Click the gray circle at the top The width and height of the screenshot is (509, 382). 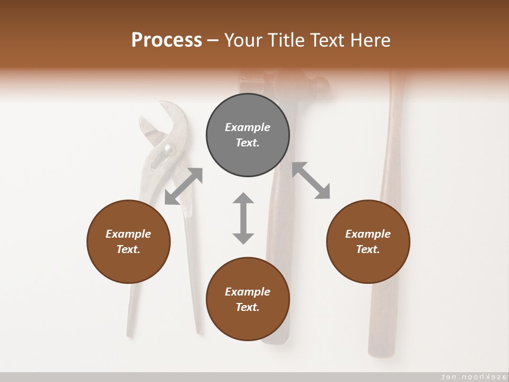click(x=248, y=135)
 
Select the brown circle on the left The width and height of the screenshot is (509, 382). click(x=128, y=241)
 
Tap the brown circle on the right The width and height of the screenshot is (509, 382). click(x=368, y=241)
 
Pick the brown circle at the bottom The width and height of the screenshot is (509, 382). click(x=248, y=299)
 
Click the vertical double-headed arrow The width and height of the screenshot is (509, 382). click(x=243, y=218)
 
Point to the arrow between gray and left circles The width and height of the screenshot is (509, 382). click(x=183, y=186)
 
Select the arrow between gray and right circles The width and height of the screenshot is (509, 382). click(x=311, y=180)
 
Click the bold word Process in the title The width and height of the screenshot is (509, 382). click(x=166, y=40)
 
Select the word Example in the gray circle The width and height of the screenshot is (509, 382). click(x=248, y=127)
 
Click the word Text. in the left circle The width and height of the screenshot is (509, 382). click(x=128, y=249)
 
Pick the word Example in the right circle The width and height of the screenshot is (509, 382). click(x=368, y=234)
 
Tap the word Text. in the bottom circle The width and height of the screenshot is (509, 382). click(x=248, y=307)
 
